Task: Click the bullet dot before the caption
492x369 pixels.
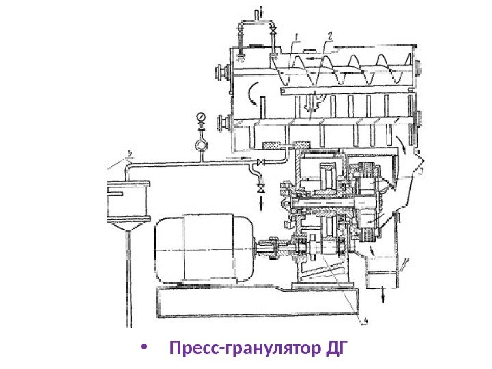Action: tap(143, 351)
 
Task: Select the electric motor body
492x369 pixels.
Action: tap(198, 249)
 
